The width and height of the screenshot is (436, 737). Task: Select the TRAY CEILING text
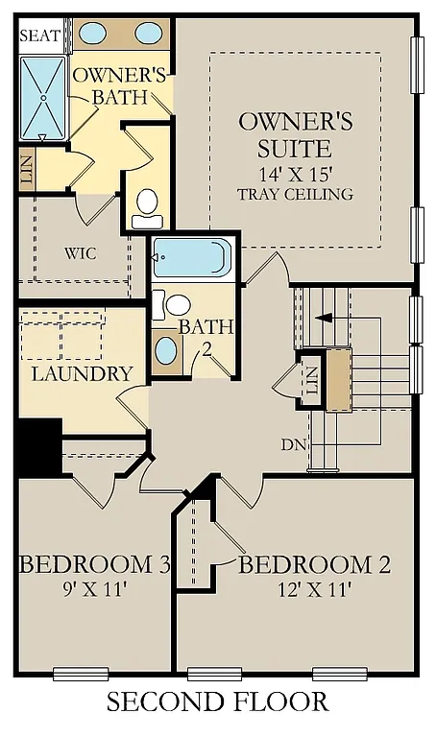tap(295, 194)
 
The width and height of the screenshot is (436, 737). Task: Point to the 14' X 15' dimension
tap(295, 175)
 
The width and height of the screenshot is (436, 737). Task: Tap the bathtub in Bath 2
tap(192, 257)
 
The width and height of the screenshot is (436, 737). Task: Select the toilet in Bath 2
tap(173, 306)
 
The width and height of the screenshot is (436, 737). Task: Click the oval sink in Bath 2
tap(166, 349)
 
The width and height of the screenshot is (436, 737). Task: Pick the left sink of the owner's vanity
tap(92, 34)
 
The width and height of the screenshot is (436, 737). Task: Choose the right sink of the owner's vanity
tap(149, 34)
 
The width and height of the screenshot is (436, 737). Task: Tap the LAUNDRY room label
tap(81, 373)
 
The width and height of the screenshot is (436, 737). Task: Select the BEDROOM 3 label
tap(94, 563)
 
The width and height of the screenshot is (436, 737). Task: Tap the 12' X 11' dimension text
tap(313, 588)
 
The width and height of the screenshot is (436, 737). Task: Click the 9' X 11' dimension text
tap(94, 588)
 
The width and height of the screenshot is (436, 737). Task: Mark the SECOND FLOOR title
tap(218, 702)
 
